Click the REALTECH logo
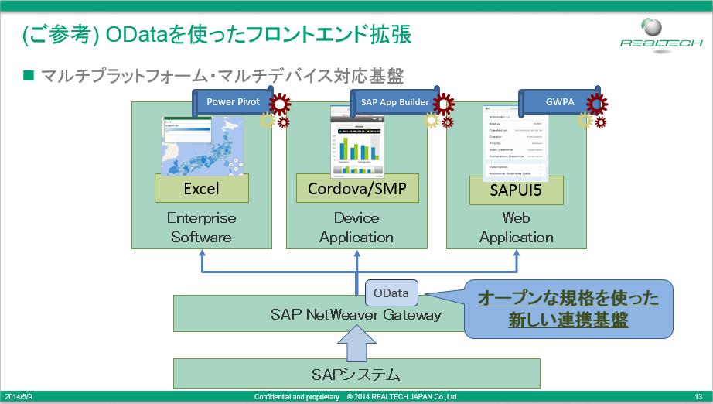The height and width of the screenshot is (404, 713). [654, 34]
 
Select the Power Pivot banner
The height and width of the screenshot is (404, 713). [232, 101]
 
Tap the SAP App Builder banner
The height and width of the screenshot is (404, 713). [394, 102]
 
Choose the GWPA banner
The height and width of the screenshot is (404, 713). [554, 101]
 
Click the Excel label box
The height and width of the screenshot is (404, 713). [202, 188]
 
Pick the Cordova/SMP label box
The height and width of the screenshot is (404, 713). [357, 188]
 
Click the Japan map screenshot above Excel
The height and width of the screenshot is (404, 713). [201, 145]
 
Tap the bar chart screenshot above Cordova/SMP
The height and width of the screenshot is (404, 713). [357, 141]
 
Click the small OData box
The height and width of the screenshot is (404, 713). [391, 293]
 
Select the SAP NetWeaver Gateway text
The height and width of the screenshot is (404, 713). [356, 314]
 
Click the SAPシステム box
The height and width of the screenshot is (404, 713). [356, 375]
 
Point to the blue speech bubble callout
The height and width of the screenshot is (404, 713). [568, 309]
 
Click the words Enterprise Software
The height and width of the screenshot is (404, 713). [201, 228]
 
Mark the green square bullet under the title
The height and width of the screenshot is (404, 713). [29, 75]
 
